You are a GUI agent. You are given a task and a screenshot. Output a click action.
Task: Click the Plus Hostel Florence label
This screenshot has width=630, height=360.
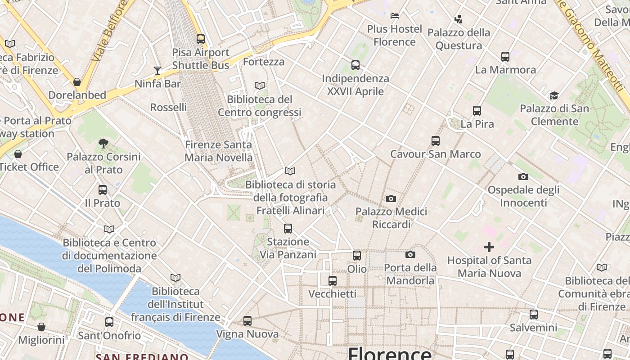[x=395, y=36]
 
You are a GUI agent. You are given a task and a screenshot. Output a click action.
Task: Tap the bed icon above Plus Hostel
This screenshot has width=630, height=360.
[x=395, y=16]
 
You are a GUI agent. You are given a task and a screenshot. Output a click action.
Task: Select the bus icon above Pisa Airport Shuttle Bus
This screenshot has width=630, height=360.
[x=201, y=39]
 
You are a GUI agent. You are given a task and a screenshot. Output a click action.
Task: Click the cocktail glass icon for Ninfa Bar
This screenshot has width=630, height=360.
[x=157, y=70]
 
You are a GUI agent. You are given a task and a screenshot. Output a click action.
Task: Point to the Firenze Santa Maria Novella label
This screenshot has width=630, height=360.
[x=219, y=151]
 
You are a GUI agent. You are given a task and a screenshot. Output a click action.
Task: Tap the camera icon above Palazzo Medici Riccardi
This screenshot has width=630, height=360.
[x=391, y=198]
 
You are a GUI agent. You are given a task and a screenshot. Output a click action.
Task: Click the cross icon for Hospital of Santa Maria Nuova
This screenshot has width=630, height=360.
[x=489, y=247]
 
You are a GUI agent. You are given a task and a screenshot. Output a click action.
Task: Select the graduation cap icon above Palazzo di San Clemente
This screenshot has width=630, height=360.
[x=554, y=95]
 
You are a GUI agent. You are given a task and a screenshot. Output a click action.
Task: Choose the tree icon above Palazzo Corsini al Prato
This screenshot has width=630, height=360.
[x=103, y=144]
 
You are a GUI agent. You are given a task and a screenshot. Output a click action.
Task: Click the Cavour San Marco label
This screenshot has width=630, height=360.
[x=435, y=154]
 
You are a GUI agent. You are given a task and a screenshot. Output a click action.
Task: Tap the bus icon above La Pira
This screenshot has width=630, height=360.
[x=477, y=110]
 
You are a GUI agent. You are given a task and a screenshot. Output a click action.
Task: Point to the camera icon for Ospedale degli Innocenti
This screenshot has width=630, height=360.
[x=523, y=176]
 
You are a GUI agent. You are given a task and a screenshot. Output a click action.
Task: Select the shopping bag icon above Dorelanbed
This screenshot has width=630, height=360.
[x=77, y=82]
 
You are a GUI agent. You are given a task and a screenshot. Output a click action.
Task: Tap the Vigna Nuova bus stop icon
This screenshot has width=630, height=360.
[x=247, y=321]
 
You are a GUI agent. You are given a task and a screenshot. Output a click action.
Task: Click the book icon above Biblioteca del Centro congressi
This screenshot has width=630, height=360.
[x=260, y=85]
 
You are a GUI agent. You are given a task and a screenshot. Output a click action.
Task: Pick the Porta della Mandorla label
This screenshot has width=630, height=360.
[x=410, y=274]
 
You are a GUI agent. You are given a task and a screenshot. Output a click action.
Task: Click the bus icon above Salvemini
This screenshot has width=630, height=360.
[x=534, y=315]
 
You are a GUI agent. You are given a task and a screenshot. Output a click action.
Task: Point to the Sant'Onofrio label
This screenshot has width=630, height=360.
[x=109, y=336]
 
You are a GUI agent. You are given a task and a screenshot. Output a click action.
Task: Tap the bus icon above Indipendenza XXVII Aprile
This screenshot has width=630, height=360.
[x=355, y=65]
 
